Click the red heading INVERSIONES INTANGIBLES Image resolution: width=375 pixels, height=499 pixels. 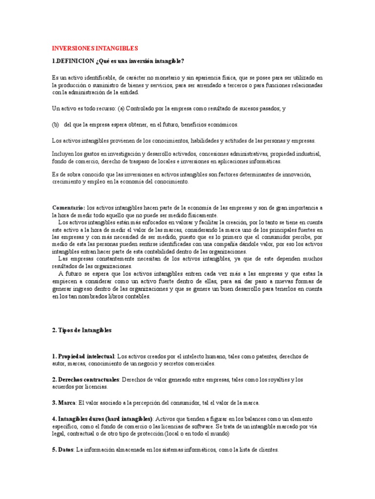pos(95,48)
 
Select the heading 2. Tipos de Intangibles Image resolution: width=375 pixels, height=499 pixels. pos(82,330)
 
